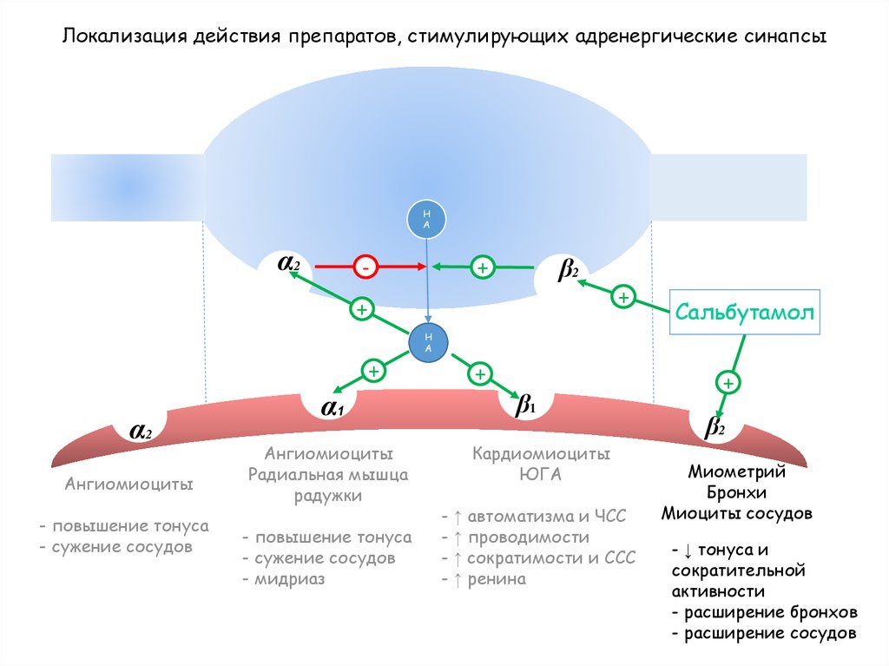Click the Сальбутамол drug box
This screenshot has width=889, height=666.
click(746, 313)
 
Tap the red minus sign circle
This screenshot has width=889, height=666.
click(365, 268)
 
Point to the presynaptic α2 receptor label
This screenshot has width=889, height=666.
click(288, 262)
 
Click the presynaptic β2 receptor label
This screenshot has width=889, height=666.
click(568, 272)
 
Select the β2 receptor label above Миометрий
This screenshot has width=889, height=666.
click(714, 426)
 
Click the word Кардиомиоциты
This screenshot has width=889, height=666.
click(541, 454)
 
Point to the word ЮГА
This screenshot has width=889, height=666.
click(541, 475)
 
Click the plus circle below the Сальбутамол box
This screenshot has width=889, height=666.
click(728, 383)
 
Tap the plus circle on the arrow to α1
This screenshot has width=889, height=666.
click(374, 372)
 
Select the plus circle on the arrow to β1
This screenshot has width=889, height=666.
click(479, 374)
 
